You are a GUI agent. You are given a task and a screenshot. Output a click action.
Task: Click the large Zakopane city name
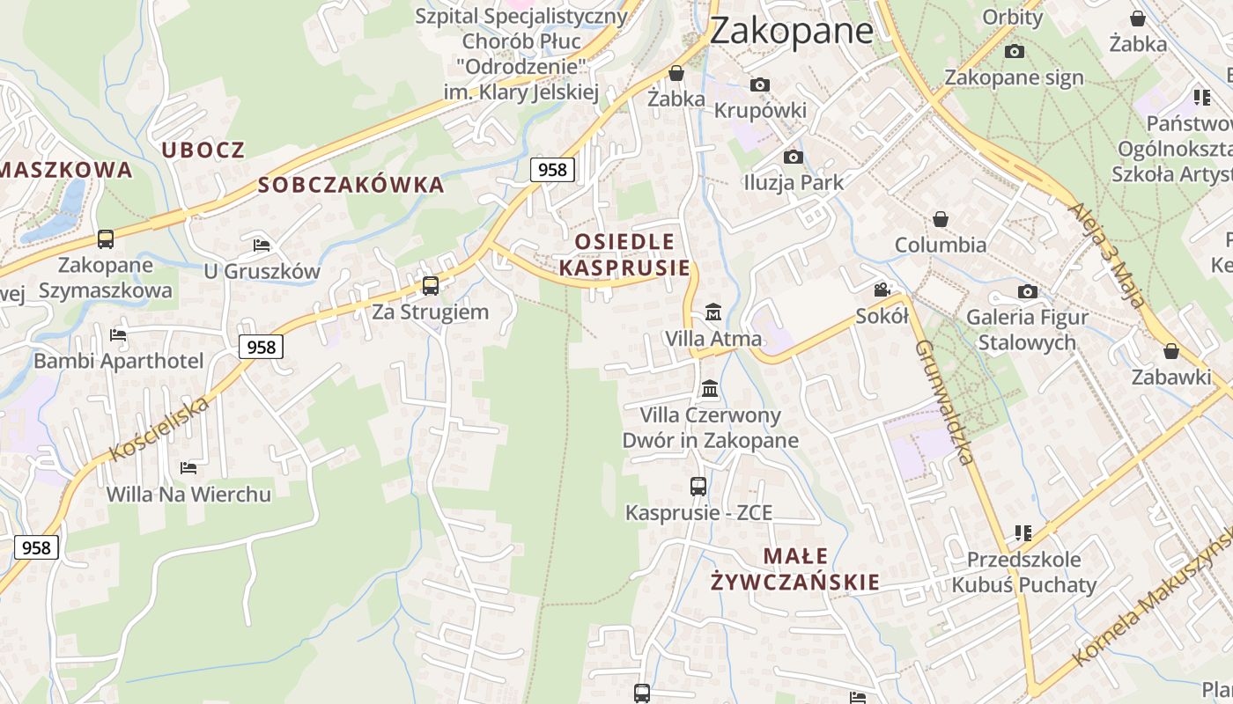pyautogui.click(x=791, y=31)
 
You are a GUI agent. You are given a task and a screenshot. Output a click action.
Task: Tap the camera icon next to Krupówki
pyautogui.click(x=760, y=85)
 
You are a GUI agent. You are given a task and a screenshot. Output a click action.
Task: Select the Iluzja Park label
pyautogui.click(x=794, y=183)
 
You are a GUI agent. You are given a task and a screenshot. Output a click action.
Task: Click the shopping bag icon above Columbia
pyautogui.click(x=941, y=219)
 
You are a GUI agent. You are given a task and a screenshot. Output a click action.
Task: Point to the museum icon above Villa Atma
pyautogui.click(x=712, y=312)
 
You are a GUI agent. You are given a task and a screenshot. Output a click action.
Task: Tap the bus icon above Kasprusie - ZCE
pyautogui.click(x=698, y=486)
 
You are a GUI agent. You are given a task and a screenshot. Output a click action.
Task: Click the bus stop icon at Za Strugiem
pyautogui.click(x=431, y=285)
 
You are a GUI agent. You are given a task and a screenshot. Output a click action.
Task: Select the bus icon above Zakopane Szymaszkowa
pyautogui.click(x=106, y=238)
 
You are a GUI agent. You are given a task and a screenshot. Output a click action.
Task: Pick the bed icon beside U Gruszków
pyautogui.click(x=261, y=245)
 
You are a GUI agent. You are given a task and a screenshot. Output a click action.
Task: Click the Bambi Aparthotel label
pyautogui.click(x=118, y=361)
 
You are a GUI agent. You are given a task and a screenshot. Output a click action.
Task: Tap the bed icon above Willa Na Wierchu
pyautogui.click(x=188, y=467)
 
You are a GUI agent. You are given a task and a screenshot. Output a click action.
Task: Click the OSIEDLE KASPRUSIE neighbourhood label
pyautogui.click(x=624, y=254)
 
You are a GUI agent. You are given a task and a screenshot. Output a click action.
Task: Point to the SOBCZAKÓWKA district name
pyautogui.click(x=351, y=185)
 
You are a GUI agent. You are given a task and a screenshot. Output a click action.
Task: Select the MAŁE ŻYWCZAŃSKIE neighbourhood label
pyautogui.click(x=795, y=568)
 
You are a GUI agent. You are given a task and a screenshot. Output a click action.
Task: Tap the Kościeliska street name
pyautogui.click(x=159, y=429)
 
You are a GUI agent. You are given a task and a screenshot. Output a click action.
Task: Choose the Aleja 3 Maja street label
pyautogui.click(x=1107, y=254)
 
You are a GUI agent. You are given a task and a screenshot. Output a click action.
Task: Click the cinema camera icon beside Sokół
pyautogui.click(x=882, y=290)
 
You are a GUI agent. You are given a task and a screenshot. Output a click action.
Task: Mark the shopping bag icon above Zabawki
pyautogui.click(x=1171, y=352)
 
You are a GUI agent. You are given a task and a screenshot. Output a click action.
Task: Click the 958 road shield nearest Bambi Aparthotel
pyautogui.click(x=262, y=348)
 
